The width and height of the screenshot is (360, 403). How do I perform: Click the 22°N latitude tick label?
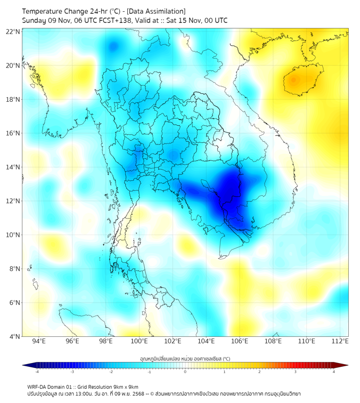pos(13,31)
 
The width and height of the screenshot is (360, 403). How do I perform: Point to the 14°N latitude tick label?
pos(13,167)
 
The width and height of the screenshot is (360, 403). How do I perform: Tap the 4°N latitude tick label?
pos(14,336)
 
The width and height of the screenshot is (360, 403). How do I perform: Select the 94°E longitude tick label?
pos(39,341)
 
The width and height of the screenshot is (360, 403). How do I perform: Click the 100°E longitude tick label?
pos(139,341)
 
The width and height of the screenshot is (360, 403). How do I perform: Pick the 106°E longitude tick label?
pos(240,341)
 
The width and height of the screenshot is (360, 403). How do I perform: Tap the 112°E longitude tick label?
pos(340,341)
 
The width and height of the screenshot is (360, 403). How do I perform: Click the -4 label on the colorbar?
pos(36,372)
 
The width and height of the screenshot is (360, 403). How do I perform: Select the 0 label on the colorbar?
pos(185,372)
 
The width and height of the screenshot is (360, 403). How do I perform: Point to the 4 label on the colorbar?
pos(334,372)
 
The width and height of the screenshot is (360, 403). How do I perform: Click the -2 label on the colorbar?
pos(111,372)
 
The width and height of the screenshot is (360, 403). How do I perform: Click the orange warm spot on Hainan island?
pos(294,80)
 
